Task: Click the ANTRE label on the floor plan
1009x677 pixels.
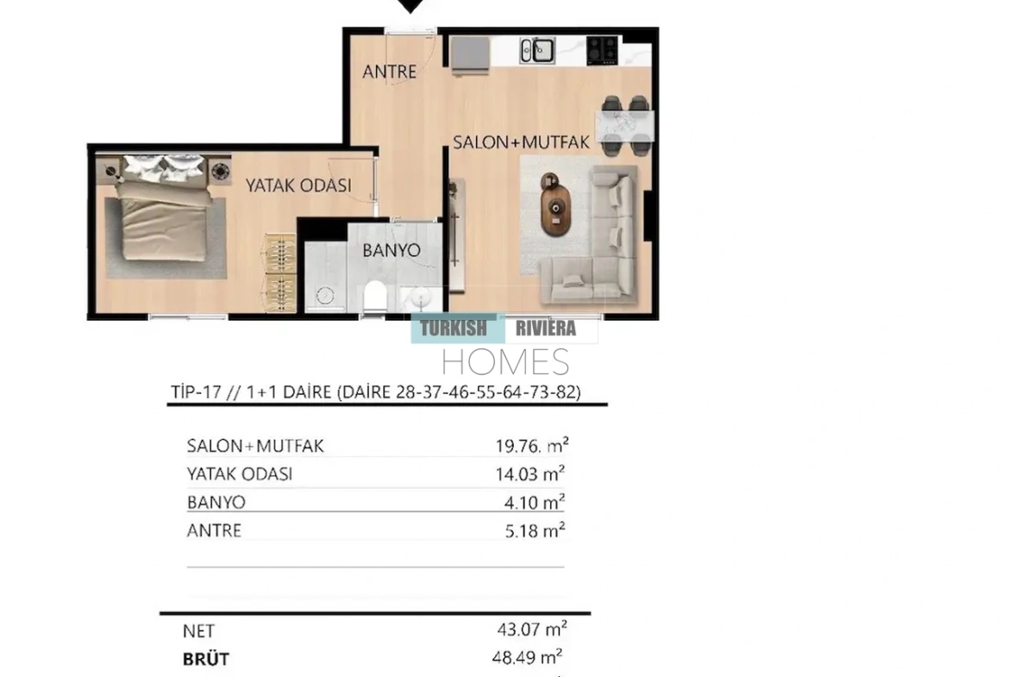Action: [389, 72]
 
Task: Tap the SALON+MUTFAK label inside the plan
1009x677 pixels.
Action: [521, 142]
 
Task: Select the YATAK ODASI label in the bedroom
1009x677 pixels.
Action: [298, 185]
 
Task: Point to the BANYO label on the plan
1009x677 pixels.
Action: [392, 250]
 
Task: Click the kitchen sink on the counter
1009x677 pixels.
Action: [537, 51]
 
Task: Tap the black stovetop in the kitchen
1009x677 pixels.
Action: [602, 50]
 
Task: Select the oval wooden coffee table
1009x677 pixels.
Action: [555, 204]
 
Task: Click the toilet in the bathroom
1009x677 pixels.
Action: [374, 298]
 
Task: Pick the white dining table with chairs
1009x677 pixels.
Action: [625, 126]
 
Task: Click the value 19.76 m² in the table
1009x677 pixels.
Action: [531, 445]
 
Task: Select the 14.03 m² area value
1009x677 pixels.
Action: [530, 473]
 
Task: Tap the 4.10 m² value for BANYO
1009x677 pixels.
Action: [534, 502]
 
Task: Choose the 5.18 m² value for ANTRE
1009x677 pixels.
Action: [535, 530]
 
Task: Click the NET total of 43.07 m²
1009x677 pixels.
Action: [531, 629]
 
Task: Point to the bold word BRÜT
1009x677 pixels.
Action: [206, 659]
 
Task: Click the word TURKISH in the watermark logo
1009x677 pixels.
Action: [454, 329]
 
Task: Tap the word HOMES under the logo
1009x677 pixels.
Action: [505, 361]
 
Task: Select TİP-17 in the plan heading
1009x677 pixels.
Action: [196, 392]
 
